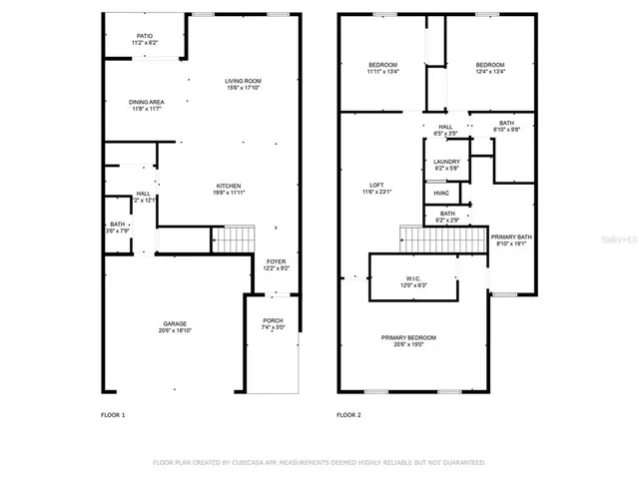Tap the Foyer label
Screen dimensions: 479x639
click(276, 264)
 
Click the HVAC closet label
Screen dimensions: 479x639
click(441, 193)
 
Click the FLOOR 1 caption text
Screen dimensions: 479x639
click(113, 414)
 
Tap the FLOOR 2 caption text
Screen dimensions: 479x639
click(348, 414)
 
